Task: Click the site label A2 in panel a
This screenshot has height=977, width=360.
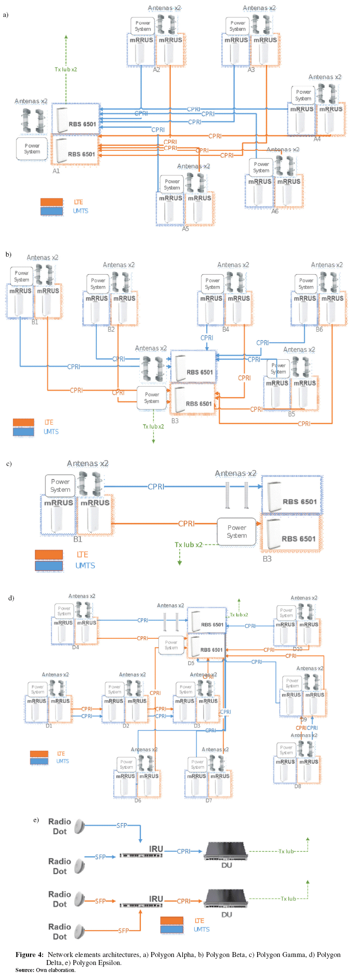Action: (156, 70)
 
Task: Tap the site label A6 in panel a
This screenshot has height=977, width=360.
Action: (275, 211)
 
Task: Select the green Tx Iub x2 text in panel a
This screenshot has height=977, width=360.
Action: (66, 69)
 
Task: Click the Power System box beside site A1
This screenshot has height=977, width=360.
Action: (32, 149)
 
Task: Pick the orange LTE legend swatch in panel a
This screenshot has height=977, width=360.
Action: (52, 202)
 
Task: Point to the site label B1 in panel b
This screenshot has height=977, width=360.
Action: (34, 322)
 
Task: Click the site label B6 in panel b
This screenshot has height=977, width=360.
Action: (319, 329)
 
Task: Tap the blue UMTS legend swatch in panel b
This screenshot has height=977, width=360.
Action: (23, 432)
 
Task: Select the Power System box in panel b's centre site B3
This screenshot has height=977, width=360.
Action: (152, 398)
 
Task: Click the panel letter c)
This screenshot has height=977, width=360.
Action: (9, 464)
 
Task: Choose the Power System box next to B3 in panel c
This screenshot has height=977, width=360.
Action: (237, 531)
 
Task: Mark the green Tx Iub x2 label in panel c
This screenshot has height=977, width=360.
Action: (188, 544)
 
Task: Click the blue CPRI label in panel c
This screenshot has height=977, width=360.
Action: (156, 487)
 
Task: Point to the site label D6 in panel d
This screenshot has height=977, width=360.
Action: (138, 800)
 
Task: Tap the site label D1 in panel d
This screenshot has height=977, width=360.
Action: (49, 726)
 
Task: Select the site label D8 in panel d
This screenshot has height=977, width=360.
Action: (298, 786)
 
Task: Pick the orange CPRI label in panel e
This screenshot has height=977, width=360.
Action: (184, 901)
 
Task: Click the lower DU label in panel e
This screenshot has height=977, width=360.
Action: (227, 915)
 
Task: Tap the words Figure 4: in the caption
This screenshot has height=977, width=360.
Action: (29, 955)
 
